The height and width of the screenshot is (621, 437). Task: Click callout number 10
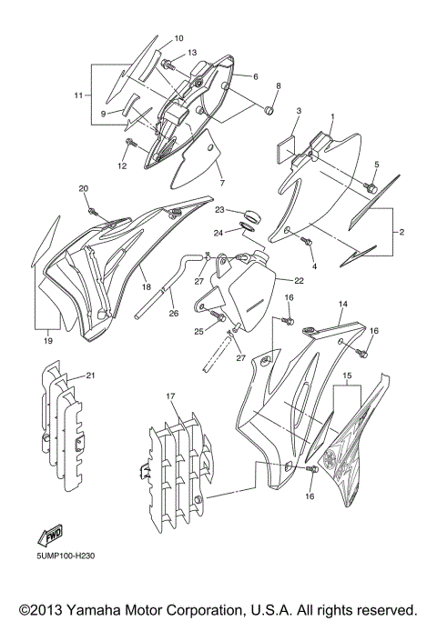(178, 38)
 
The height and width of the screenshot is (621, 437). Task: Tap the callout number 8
(279, 85)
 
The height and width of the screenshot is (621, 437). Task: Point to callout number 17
(169, 396)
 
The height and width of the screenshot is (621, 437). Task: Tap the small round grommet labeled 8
(269, 111)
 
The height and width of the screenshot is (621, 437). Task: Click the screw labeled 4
(308, 239)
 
